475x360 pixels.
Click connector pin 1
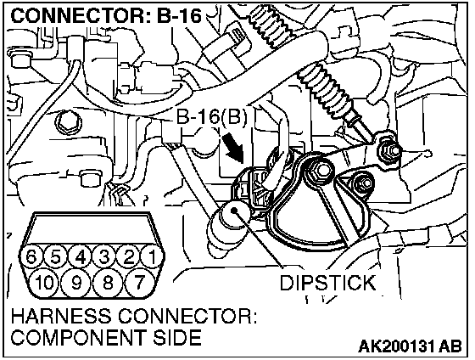coord(153,256)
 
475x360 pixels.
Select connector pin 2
coord(128,256)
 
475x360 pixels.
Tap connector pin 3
coord(104,256)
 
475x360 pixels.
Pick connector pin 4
coord(81,256)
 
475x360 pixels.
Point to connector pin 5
coord(56,256)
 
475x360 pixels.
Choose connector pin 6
coord(31,256)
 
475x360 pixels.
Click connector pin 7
coord(139,283)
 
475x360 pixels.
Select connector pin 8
coord(108,283)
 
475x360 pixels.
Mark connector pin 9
coord(76,283)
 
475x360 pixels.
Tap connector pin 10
coord(45,283)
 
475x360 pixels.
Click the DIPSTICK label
coord(327,283)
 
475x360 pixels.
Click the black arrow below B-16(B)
coord(233,148)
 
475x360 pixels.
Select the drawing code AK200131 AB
coord(411,346)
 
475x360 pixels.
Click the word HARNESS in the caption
coord(61,316)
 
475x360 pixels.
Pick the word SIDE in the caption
coord(177,336)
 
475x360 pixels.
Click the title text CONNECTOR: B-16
coord(106,16)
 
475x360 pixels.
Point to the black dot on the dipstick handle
coord(234,211)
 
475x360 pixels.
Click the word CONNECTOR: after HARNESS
coord(187,316)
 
